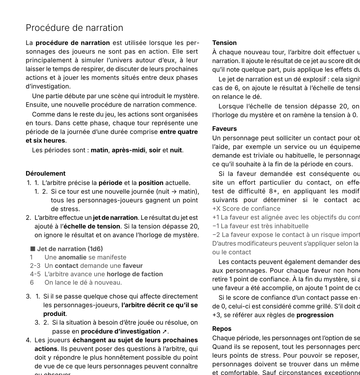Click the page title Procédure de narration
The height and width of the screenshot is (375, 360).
75,28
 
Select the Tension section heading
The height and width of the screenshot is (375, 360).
224,43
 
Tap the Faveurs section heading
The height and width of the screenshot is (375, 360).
224,129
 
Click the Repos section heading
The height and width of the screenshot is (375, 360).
222,329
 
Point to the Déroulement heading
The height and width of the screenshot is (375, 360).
45,173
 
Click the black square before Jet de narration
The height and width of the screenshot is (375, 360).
33,249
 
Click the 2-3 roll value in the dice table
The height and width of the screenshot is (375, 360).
35,266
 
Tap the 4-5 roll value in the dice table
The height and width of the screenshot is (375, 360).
35,274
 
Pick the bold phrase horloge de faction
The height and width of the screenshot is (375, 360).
135,274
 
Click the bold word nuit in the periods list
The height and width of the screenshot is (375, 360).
176,150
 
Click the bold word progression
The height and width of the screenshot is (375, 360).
315,315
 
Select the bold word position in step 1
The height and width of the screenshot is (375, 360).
151,183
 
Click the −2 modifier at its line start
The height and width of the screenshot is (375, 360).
215,235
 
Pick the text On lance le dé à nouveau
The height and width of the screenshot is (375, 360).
83,283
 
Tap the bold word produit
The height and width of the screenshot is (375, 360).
54,314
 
